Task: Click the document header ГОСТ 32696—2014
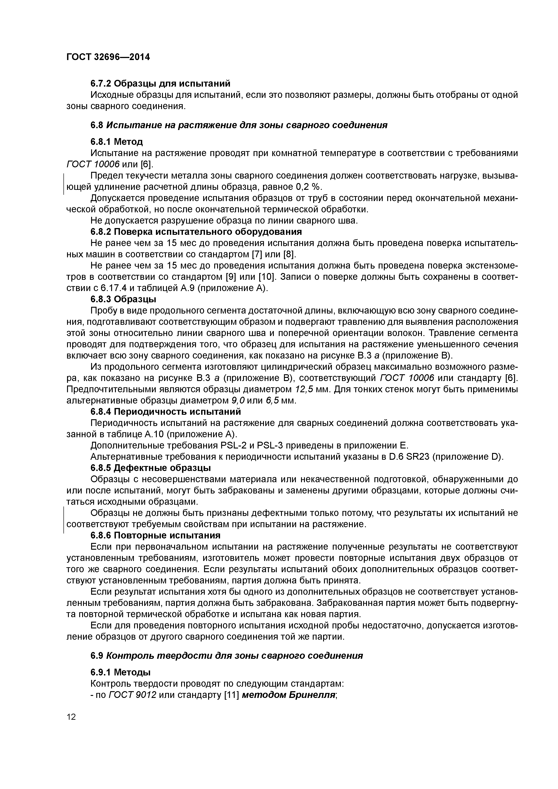pyautogui.click(x=108, y=57)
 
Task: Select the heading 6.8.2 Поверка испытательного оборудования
pyautogui.click(x=196, y=232)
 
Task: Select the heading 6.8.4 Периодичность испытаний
pyautogui.click(x=166, y=412)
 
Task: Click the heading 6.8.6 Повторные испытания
pyautogui.click(x=155, y=535)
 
